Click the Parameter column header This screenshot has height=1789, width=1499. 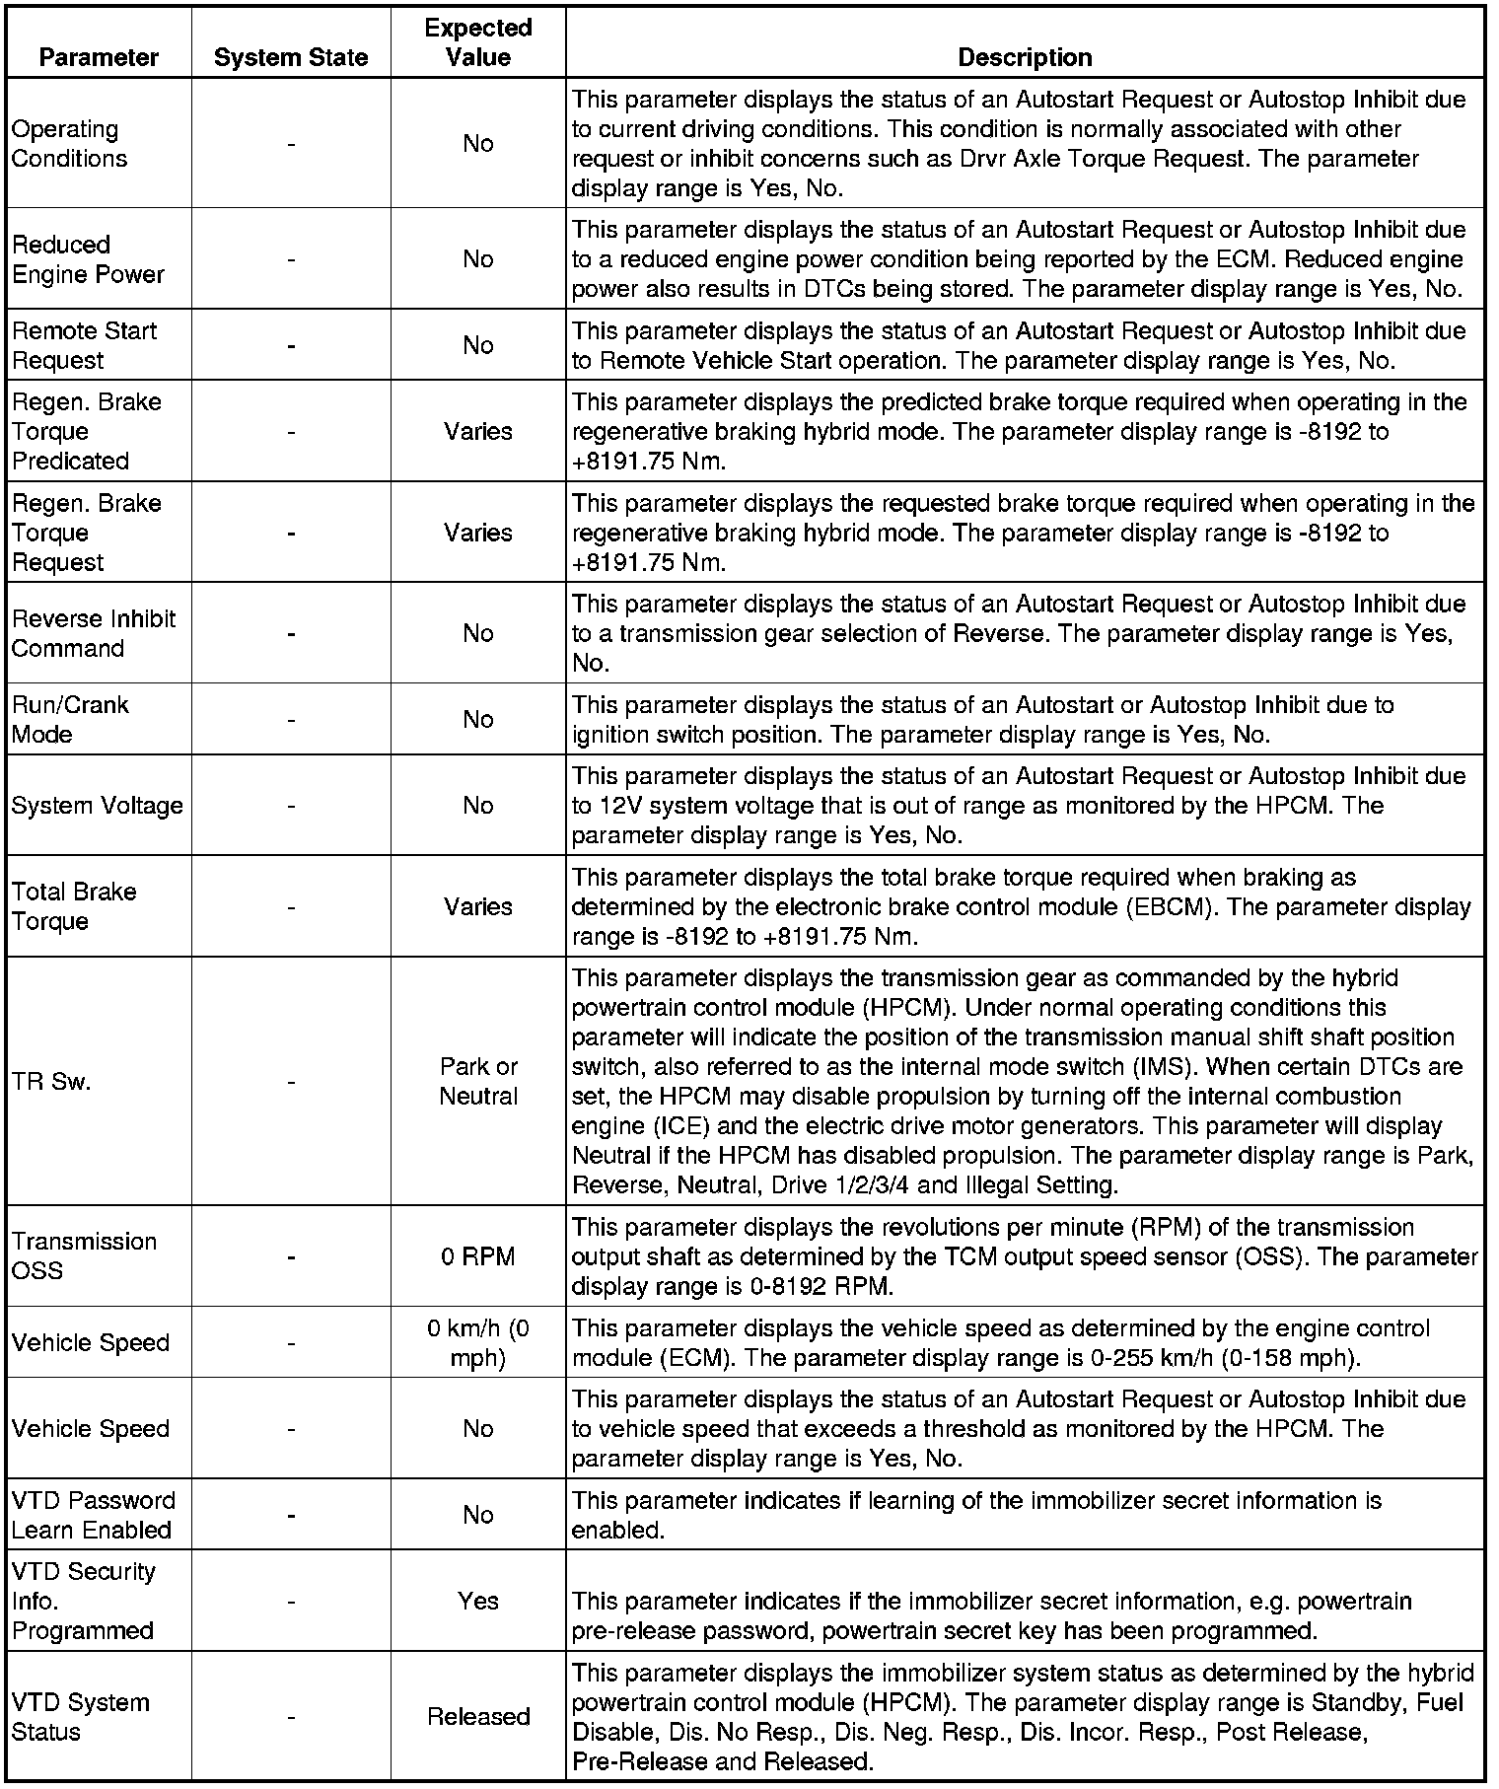tap(99, 57)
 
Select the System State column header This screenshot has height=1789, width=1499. tap(291, 57)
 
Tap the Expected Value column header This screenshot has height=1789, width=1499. tap(478, 42)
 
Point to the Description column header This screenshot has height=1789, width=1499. tap(1025, 57)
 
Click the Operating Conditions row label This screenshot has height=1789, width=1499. tap(69, 144)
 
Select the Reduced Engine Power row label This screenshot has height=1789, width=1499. tap(88, 259)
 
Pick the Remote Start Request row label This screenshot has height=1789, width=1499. tap(84, 345)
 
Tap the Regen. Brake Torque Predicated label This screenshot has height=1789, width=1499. tap(87, 431)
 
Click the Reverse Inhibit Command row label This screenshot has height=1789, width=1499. tap(94, 633)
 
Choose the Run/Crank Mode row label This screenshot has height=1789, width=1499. tap(70, 719)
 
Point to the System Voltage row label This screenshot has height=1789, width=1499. tap(97, 806)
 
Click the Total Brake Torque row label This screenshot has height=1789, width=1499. tap(74, 906)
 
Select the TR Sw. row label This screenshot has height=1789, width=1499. tap(51, 1082)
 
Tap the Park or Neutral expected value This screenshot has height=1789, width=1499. tap(478, 1082)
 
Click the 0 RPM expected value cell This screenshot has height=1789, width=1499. tap(478, 1256)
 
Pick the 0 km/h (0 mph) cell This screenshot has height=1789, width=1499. tap(478, 1343)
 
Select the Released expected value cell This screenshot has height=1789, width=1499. tap(478, 1717)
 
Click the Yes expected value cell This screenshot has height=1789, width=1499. tap(478, 1601)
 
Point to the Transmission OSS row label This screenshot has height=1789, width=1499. tap(84, 1256)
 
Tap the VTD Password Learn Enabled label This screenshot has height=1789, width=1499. tap(93, 1515)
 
